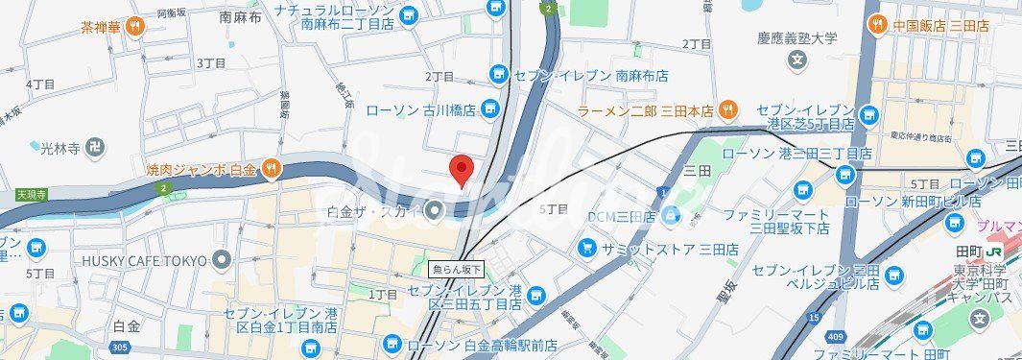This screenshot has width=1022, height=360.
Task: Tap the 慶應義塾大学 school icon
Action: [796, 61]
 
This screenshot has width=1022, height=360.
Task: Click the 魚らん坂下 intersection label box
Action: [457, 270]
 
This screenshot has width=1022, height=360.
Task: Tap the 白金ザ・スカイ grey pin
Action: [435, 210]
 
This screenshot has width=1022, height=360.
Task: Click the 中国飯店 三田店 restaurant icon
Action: [876, 26]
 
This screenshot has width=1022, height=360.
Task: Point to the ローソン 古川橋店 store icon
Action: [489, 109]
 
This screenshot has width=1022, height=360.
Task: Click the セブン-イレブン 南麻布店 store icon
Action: [498, 74]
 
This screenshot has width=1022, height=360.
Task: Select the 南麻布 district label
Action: [240, 16]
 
